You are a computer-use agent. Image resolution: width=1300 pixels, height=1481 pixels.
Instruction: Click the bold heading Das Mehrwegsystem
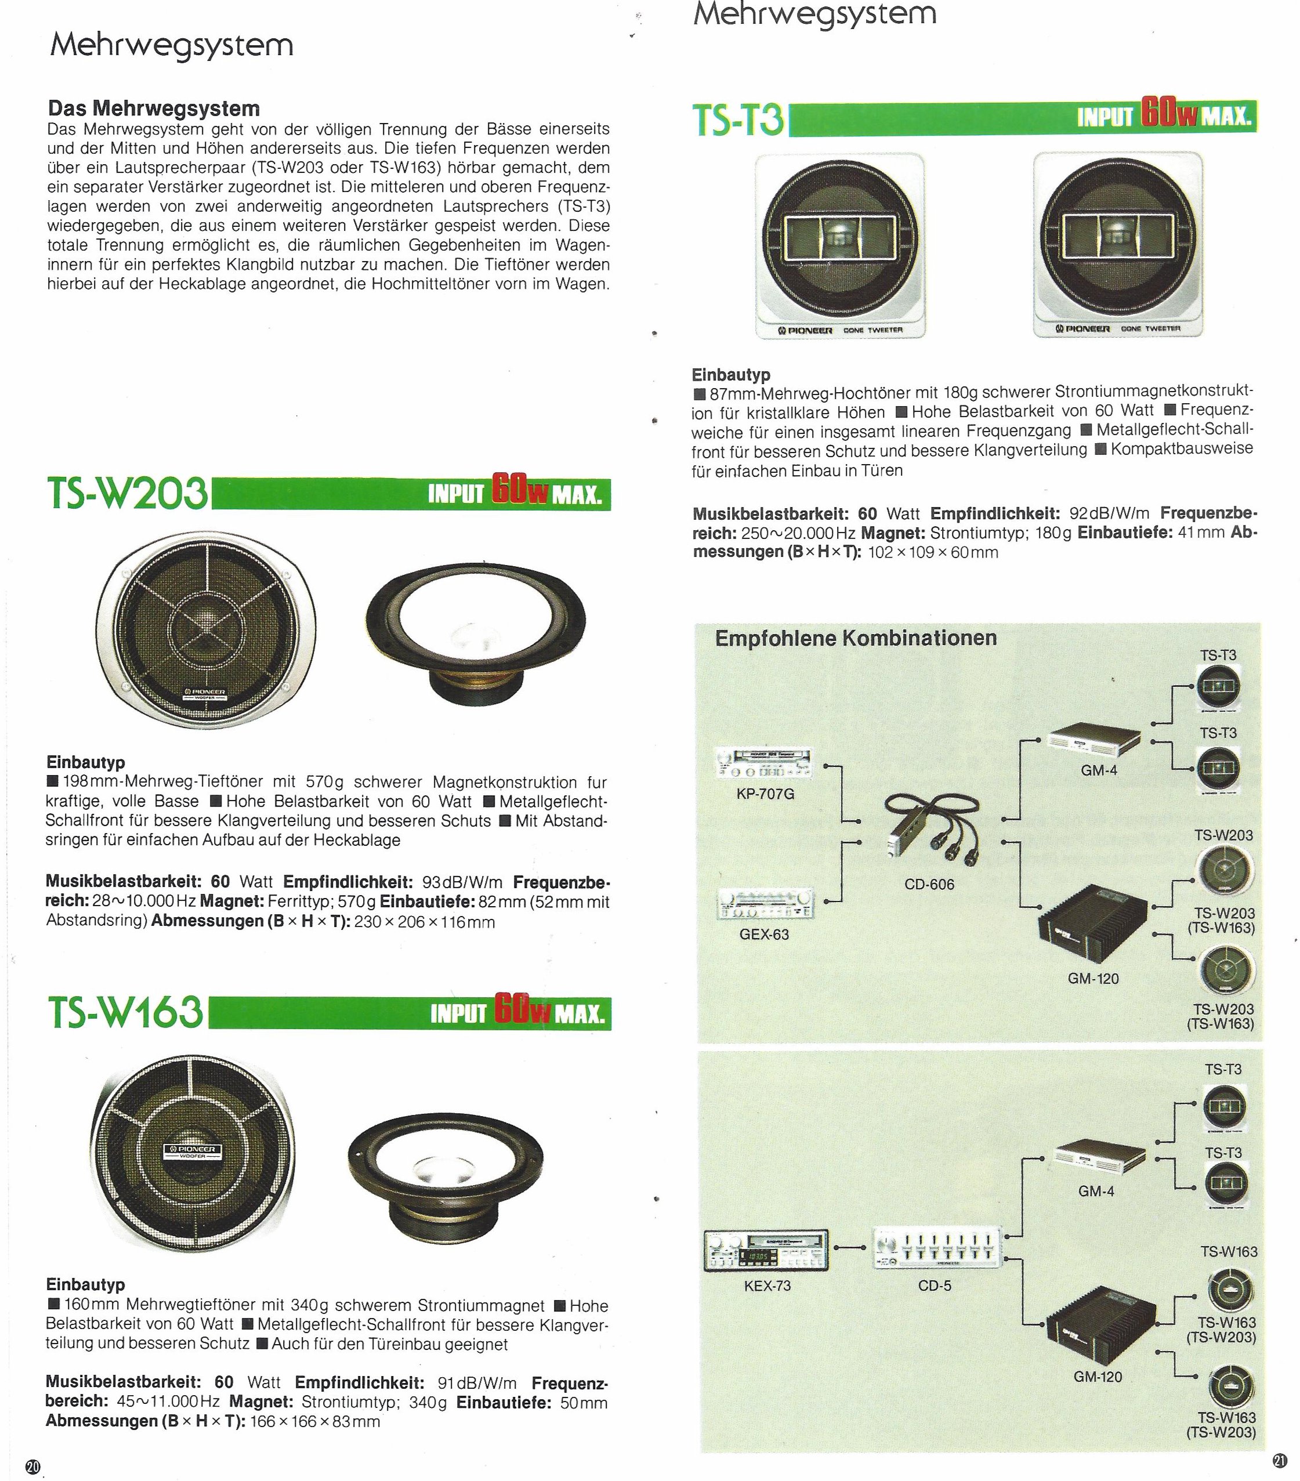(x=154, y=108)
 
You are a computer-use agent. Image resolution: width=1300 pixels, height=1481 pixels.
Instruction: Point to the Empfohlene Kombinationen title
(x=856, y=638)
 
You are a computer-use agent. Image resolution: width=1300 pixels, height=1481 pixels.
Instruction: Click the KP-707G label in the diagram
(x=765, y=794)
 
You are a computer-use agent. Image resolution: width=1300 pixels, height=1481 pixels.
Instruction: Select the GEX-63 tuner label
(x=764, y=934)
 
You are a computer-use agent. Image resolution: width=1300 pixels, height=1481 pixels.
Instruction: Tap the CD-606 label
(x=929, y=884)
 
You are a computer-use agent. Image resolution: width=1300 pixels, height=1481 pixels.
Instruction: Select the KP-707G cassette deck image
(x=764, y=762)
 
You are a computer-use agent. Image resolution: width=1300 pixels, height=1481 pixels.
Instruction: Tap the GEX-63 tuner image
(x=764, y=904)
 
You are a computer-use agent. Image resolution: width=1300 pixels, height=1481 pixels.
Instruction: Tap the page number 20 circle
(x=32, y=1466)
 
